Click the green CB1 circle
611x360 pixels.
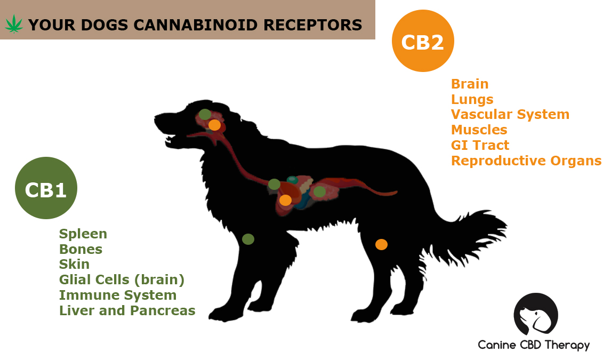[46, 188]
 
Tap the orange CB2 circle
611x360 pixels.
[423, 41]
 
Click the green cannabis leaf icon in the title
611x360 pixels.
[14, 24]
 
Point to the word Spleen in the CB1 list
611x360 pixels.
[83, 234]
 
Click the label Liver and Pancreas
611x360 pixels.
[127, 310]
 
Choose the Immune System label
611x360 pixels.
[118, 295]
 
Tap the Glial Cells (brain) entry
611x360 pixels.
[122, 280]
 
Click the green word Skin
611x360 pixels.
[74, 264]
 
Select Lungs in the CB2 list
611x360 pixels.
[472, 99]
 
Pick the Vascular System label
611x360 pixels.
[510, 115]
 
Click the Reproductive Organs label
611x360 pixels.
[526, 161]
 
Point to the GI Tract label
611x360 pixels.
[480, 145]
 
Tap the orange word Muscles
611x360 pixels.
[479, 130]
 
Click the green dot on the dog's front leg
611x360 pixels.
[248, 239]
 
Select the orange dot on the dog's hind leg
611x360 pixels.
[382, 244]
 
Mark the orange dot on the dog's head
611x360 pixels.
[214, 125]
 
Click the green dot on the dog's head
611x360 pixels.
[205, 115]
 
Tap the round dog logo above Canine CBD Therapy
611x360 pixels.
[536, 315]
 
